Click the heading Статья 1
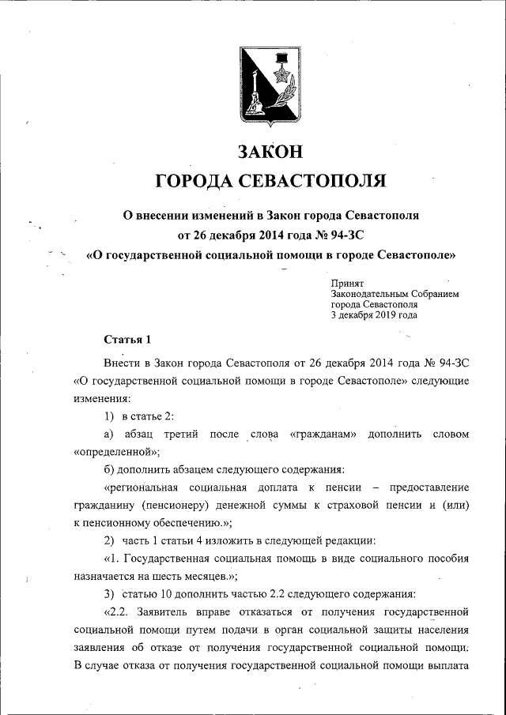(127, 340)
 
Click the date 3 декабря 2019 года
(374, 314)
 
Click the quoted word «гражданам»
(324, 435)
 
